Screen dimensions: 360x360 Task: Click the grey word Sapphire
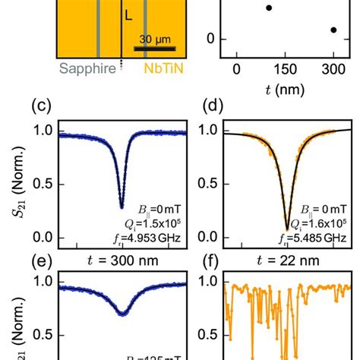(x=83, y=68)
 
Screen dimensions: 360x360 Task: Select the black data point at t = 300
(x=333, y=30)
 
